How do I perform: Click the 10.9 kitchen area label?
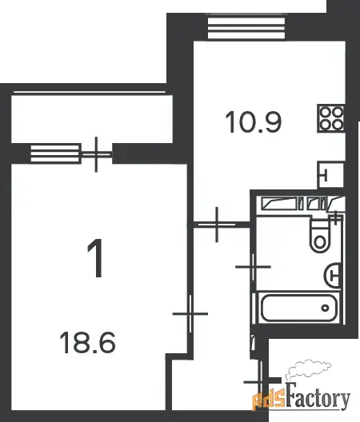[254, 122]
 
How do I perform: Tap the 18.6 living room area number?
[87, 342]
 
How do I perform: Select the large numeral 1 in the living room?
[96, 258]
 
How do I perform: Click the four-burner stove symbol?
[331, 118]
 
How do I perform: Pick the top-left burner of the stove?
[326, 112]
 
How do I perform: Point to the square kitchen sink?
[331, 175]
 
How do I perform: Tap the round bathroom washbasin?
[333, 276]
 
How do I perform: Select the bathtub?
[299, 309]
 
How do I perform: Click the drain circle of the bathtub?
[326, 309]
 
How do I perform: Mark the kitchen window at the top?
[246, 29]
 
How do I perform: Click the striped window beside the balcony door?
[55, 153]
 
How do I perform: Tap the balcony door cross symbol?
[96, 154]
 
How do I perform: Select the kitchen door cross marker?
[217, 224]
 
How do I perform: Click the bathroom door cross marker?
[253, 267]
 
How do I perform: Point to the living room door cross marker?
[190, 314]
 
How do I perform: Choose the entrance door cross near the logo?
[260, 382]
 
